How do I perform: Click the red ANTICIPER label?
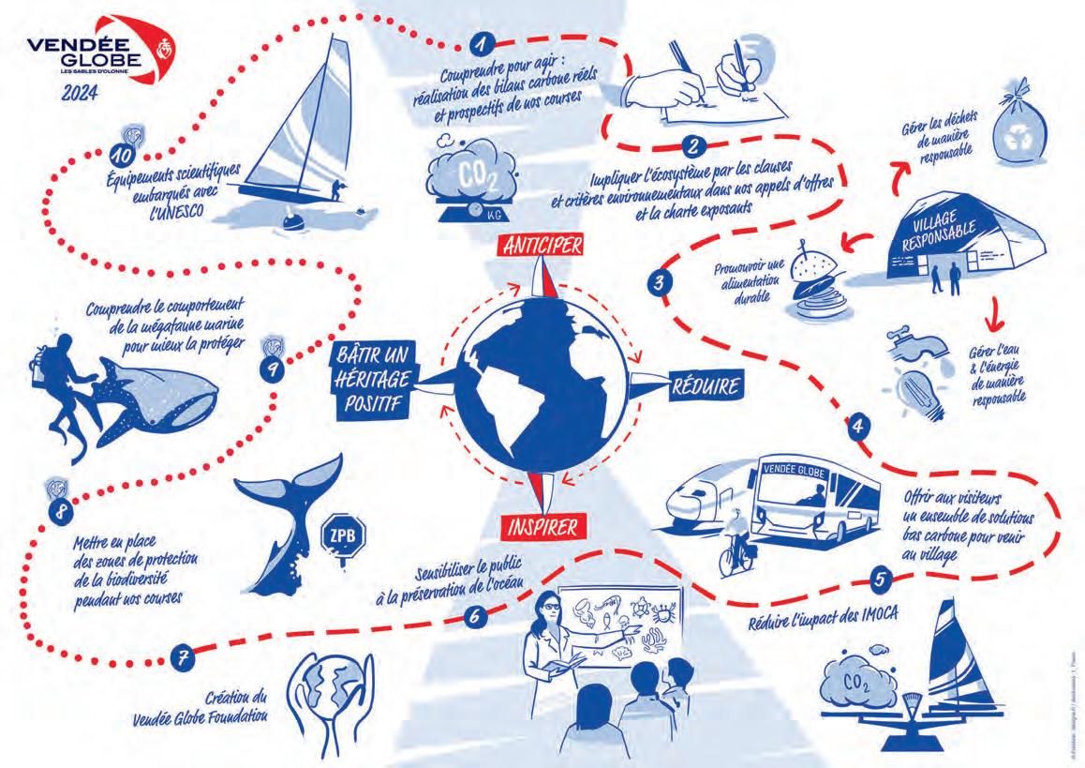click(x=542, y=245)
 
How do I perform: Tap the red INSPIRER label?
click(x=543, y=524)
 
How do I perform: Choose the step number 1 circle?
click(x=483, y=43)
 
